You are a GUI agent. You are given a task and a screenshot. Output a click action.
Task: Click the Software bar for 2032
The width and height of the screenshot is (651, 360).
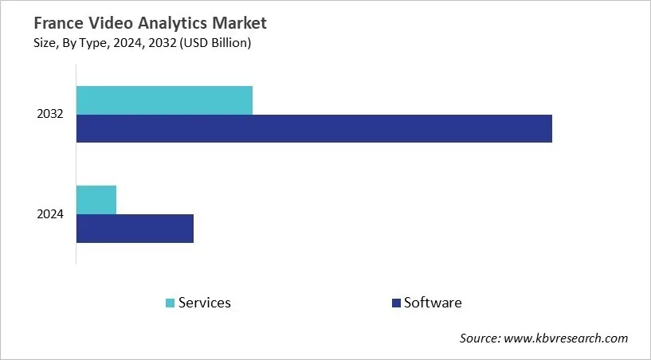(x=314, y=128)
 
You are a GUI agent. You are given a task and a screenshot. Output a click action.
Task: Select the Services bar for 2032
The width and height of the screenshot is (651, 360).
(x=164, y=100)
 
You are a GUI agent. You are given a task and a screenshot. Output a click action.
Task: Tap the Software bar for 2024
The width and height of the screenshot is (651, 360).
(x=135, y=228)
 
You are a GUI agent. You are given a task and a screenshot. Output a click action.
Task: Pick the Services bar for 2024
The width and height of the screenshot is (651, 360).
(x=96, y=199)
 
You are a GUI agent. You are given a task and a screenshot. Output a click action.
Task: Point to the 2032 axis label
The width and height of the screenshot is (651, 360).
(x=49, y=115)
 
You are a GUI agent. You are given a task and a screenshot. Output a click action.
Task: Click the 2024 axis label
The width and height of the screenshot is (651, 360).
(x=49, y=214)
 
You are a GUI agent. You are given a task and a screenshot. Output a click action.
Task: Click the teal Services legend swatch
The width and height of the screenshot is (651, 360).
(x=170, y=303)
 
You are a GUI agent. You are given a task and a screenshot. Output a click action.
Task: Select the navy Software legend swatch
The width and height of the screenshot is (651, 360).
(x=395, y=303)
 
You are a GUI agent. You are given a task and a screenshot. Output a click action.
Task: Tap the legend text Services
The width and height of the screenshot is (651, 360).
(x=205, y=303)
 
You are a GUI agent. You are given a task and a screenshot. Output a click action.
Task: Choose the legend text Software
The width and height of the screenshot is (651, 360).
(x=433, y=303)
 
